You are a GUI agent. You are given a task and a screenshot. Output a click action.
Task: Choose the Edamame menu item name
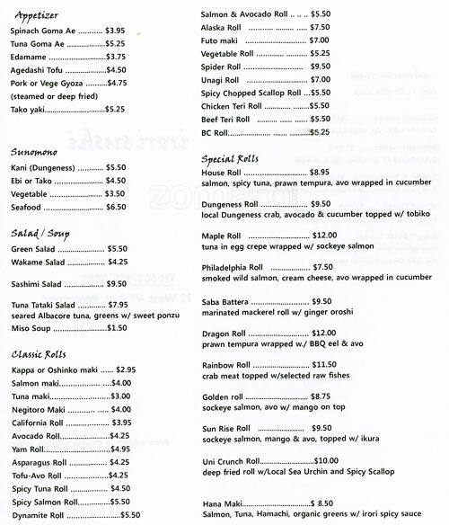pyautogui.click(x=31, y=57)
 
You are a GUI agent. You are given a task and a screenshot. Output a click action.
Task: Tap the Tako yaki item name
pyautogui.click(x=29, y=110)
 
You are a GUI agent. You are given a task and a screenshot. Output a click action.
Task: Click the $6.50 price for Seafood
pyautogui.click(x=116, y=207)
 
